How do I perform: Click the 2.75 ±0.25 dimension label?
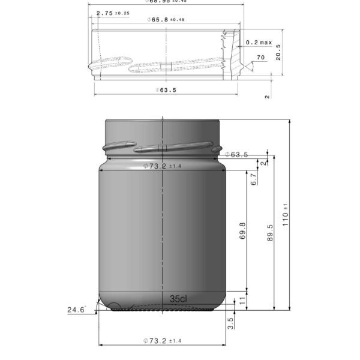pyautogui.click(x=113, y=13)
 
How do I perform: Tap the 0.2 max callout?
pyautogui.click(x=259, y=43)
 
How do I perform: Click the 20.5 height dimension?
pyautogui.click(x=278, y=55)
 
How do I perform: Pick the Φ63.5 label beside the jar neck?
pyautogui.click(x=237, y=155)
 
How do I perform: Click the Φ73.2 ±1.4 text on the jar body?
pyautogui.click(x=163, y=166)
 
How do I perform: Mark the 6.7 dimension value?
pyautogui.click(x=254, y=179)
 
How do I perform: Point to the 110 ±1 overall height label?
pyautogui.click(x=286, y=214)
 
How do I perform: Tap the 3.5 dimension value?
pyautogui.click(x=231, y=323)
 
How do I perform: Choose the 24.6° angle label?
pyautogui.click(x=76, y=310)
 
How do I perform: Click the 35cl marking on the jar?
pyautogui.click(x=179, y=298)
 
